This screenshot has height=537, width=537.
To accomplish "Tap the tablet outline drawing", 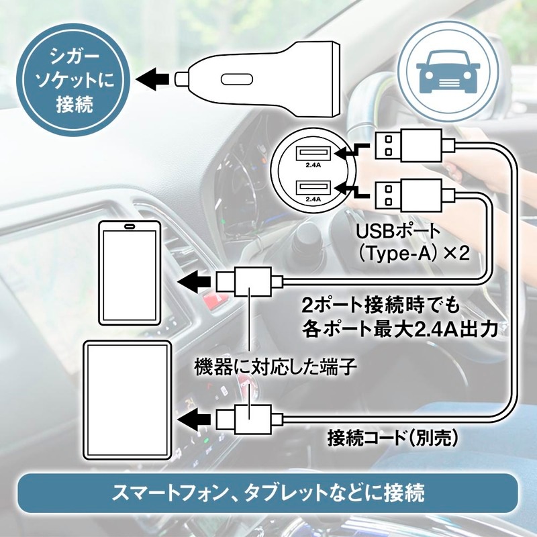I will pyautogui.click(x=127, y=399).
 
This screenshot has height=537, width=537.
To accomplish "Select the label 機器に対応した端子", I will pyautogui.click(x=275, y=367).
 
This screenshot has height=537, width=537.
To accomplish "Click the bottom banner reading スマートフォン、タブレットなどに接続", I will pyautogui.click(x=268, y=495).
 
